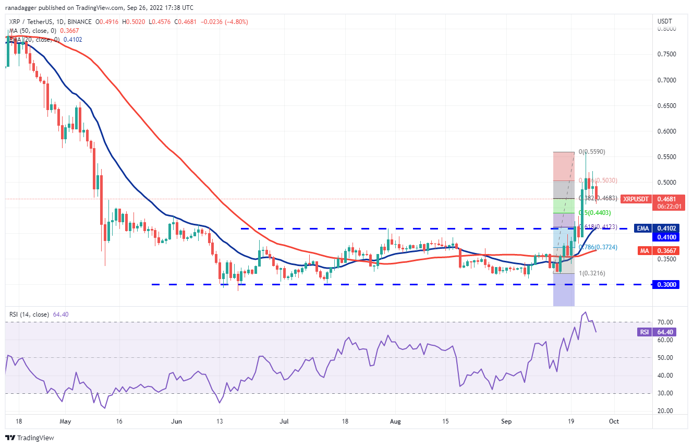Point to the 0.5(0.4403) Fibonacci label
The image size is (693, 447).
(595, 213)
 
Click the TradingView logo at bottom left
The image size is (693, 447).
(30, 438)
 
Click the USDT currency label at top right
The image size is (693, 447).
(665, 21)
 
